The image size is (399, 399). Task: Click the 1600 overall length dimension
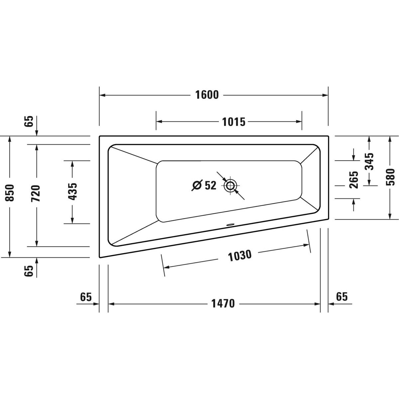[x=207, y=95]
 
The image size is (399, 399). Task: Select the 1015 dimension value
[x=233, y=122]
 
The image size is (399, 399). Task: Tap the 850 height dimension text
[x=10, y=193]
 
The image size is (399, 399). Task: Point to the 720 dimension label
[x=35, y=194]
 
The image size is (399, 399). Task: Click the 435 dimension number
[x=72, y=192]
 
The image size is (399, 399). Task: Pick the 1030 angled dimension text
[x=240, y=255]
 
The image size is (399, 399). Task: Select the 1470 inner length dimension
[x=223, y=304]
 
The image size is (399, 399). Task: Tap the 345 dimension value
[x=369, y=162]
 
